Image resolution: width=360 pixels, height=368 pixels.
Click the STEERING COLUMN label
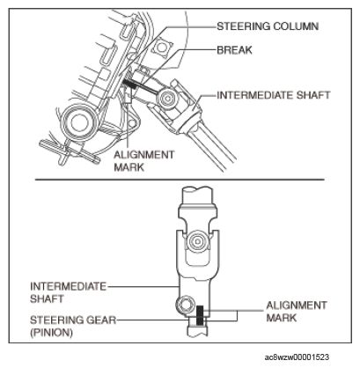tap(268, 26)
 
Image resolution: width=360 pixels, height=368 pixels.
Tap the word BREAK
tap(234, 50)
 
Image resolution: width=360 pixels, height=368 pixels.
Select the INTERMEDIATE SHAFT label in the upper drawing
tap(274, 95)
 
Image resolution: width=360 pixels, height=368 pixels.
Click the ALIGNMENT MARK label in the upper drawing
tap(143, 161)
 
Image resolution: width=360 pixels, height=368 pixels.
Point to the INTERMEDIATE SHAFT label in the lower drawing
tap(68, 292)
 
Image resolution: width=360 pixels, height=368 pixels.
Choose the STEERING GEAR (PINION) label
tap(73, 326)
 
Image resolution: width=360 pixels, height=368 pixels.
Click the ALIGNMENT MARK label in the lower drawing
tap(297, 312)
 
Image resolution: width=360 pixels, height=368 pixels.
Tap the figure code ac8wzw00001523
tap(297, 357)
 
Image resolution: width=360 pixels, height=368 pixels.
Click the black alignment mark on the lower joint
tap(200, 315)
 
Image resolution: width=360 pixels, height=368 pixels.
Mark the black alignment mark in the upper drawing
tap(129, 84)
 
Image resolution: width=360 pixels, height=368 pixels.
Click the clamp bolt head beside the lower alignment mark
tap(185, 305)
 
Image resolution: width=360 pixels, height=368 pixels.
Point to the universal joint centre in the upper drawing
tap(167, 99)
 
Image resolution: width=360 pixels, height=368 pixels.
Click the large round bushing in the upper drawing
tap(78, 122)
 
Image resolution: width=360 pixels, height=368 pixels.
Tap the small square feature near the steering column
tap(161, 47)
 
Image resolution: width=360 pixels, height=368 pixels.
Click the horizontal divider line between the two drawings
tap(180, 180)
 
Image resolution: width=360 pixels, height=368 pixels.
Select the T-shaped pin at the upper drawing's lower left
tap(70, 152)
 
